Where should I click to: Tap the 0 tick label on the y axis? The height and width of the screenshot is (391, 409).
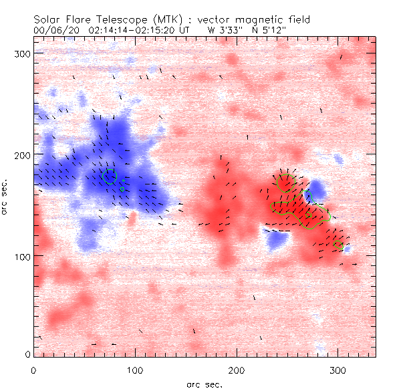click(27, 354)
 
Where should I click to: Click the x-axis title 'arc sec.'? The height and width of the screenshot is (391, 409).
click(204, 384)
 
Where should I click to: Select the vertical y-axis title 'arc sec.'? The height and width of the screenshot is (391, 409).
click(5, 197)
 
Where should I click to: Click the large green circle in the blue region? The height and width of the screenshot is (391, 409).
click(110, 177)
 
